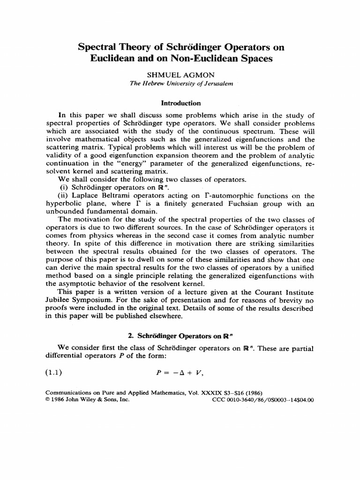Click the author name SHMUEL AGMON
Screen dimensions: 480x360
tap(180, 75)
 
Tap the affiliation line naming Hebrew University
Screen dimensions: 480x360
tap(180, 83)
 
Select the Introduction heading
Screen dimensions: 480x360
tap(180, 103)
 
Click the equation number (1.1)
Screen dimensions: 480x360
tap(53, 373)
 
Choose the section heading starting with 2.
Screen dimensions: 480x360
tap(180, 335)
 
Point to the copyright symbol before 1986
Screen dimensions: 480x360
tap(47, 400)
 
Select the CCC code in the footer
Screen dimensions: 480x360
tap(262, 400)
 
